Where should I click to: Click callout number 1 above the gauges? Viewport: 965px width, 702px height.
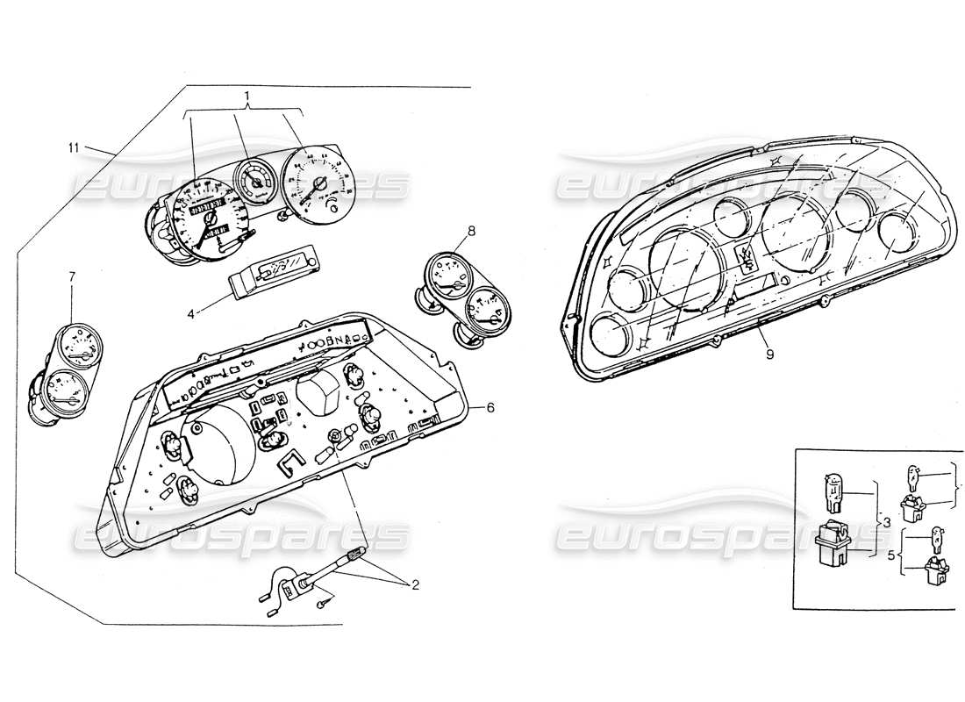(247, 95)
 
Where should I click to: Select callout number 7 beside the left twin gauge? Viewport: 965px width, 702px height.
(72, 277)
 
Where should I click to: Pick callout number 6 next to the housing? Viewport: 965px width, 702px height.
(490, 407)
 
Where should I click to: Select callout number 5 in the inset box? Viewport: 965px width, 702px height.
(892, 555)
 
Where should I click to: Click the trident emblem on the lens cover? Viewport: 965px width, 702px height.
(748, 256)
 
